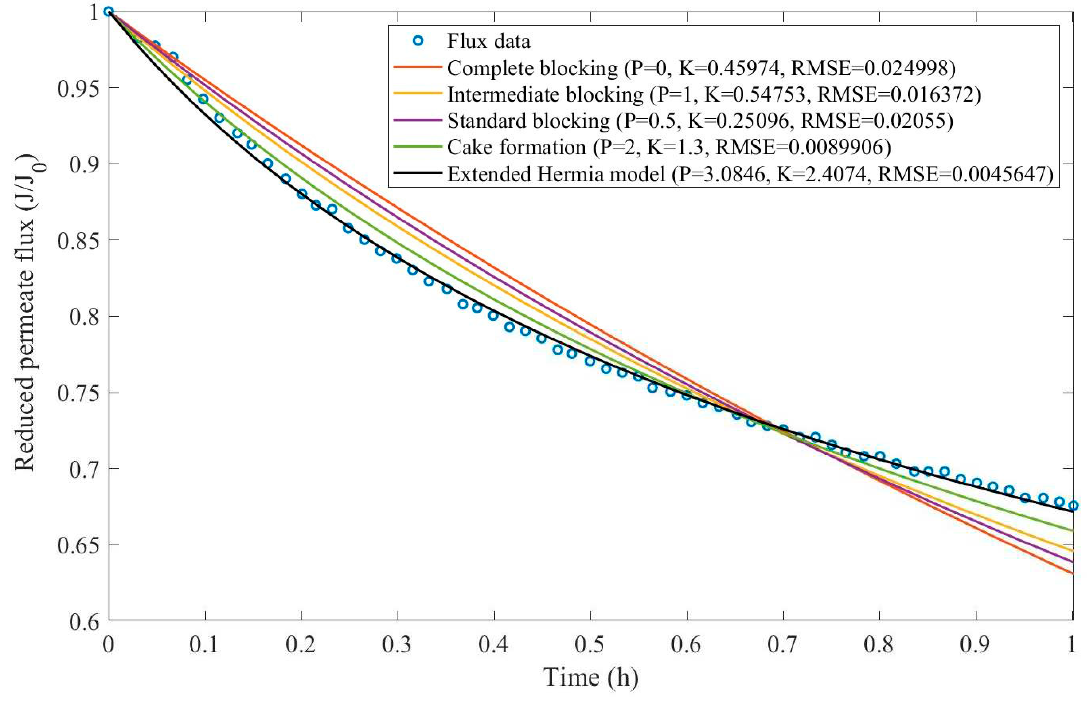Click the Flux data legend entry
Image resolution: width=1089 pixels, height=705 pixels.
(x=488, y=42)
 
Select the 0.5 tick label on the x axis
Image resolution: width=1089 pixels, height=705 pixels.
(x=591, y=645)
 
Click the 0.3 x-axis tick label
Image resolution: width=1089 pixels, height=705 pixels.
(x=397, y=645)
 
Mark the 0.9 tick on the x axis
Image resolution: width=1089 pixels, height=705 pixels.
(x=976, y=645)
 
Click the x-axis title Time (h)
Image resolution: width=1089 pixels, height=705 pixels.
(x=591, y=677)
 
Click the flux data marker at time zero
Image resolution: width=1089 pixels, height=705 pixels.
(x=109, y=12)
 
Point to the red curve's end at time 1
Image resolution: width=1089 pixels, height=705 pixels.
(x=1073, y=573)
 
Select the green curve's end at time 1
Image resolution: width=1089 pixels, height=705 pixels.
(x=1073, y=531)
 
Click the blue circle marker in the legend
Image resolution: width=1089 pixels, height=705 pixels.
(x=417, y=41)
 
